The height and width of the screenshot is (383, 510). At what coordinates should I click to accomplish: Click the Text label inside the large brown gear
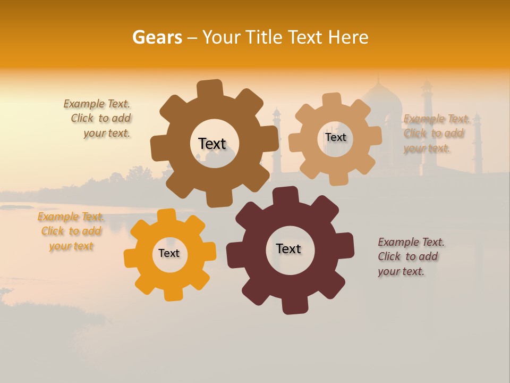212,144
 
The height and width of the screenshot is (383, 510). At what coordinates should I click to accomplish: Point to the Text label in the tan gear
335,137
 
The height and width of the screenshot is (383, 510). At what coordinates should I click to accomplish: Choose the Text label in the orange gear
169,253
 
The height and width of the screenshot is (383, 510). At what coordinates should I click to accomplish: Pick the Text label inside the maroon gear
288,248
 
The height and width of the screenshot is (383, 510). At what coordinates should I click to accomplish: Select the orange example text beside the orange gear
71,231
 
